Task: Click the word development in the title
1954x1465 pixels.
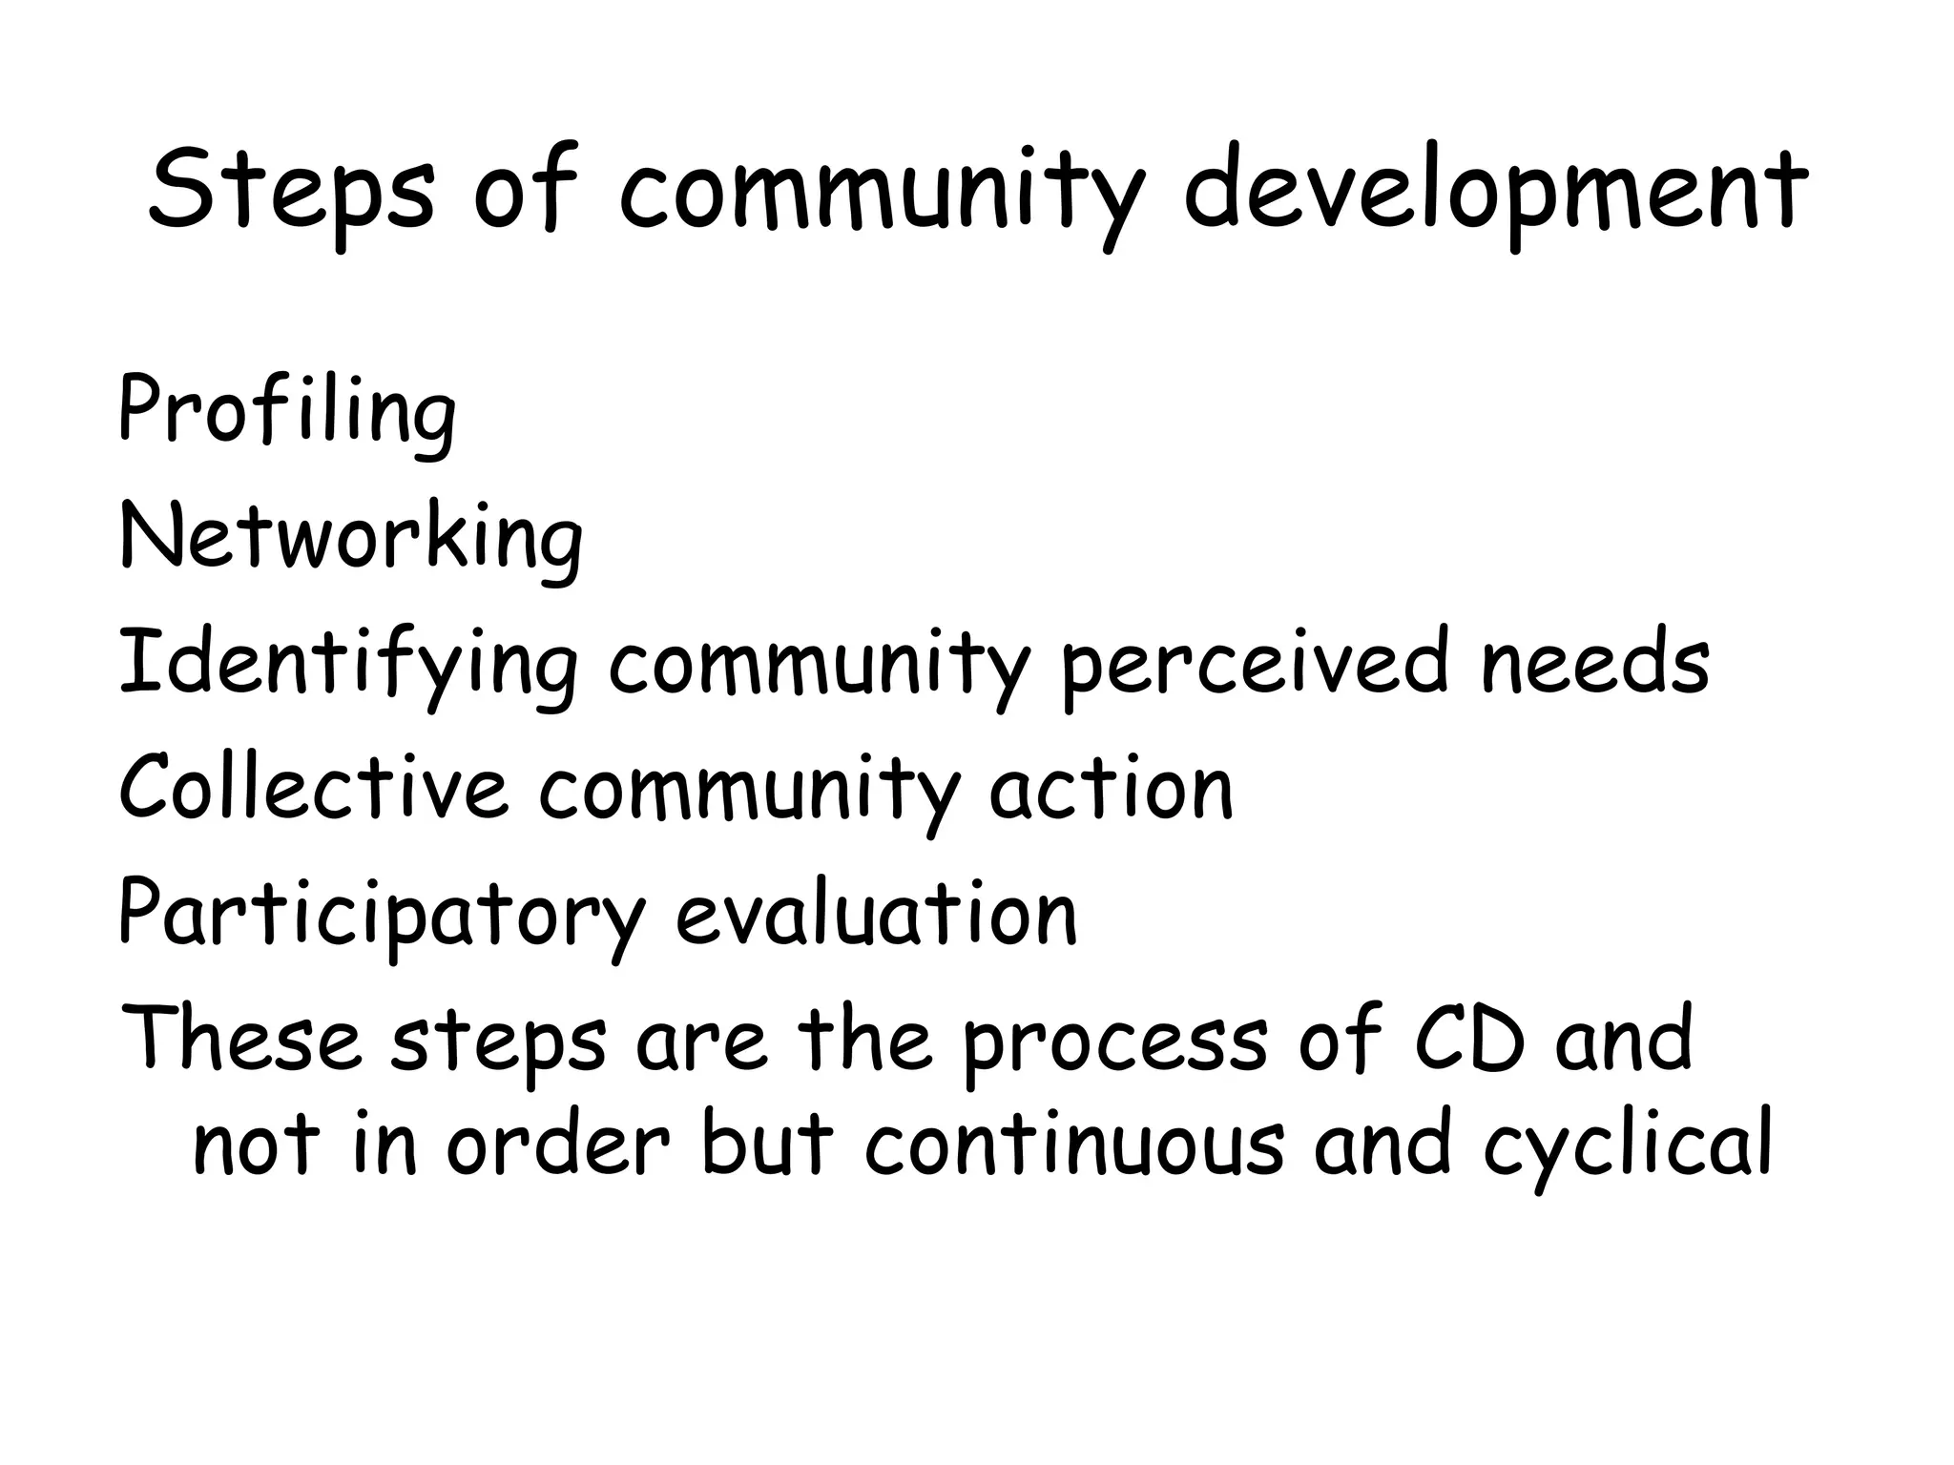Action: [x=1493, y=191]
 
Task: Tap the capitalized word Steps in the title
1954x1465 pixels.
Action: [x=291, y=191]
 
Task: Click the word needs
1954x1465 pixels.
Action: [x=1594, y=663]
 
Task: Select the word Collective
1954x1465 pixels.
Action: [x=314, y=789]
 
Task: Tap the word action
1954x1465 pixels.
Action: [x=1112, y=789]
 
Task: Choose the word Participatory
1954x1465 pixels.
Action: [x=382, y=916]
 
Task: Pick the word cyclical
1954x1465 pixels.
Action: [x=1628, y=1145]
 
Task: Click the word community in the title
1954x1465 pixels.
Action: [x=880, y=191]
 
